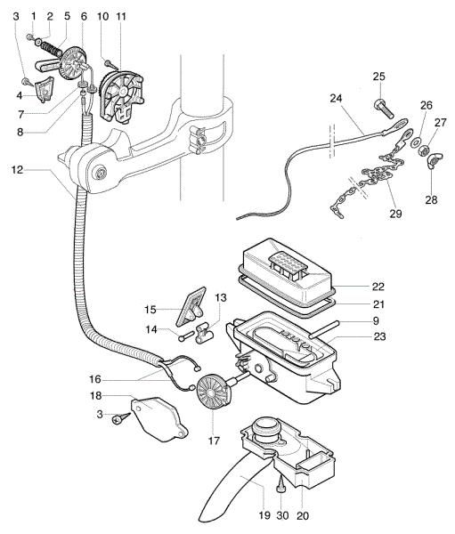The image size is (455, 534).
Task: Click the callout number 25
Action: click(x=378, y=76)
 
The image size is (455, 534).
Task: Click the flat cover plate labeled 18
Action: click(x=161, y=417)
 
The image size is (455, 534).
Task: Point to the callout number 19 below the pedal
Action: click(x=264, y=515)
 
